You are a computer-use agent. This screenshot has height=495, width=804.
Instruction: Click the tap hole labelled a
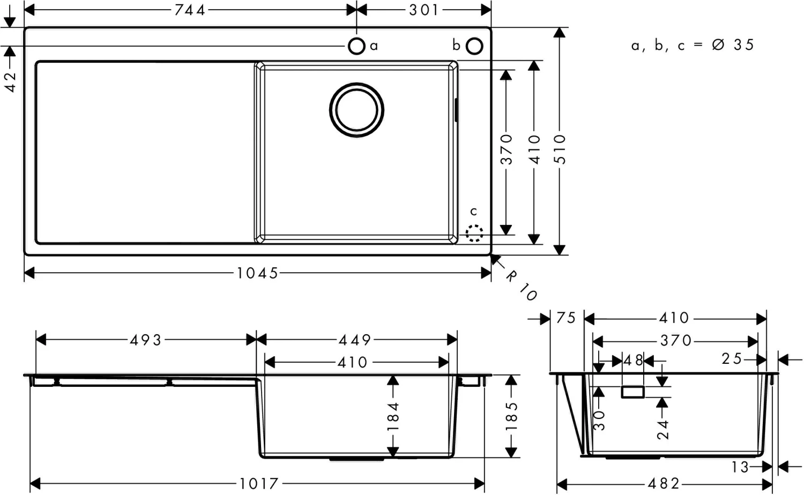pyautogui.click(x=356, y=46)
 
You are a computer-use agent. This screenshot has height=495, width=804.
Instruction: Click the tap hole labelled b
pyautogui.click(x=474, y=46)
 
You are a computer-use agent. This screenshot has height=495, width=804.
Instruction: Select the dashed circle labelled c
pyautogui.click(x=474, y=233)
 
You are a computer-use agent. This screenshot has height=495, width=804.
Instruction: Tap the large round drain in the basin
pyautogui.click(x=356, y=109)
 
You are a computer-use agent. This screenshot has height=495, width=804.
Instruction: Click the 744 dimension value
pyautogui.click(x=190, y=10)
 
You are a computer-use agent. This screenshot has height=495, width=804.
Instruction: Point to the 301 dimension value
pyautogui.click(x=424, y=10)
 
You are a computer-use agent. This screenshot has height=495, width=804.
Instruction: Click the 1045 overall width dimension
pyautogui.click(x=258, y=273)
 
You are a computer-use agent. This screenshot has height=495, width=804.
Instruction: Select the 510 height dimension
pyautogui.click(x=560, y=149)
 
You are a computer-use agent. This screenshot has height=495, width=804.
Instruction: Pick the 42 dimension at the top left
pyautogui.click(x=10, y=81)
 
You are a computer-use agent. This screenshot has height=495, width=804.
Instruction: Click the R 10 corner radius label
pyautogui.click(x=520, y=286)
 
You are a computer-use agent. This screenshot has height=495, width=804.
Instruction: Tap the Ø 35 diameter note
pyautogui.click(x=733, y=45)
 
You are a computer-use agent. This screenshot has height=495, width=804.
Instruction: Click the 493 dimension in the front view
pyautogui.click(x=146, y=340)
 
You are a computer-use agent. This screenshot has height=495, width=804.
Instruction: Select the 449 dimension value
pyautogui.click(x=355, y=340)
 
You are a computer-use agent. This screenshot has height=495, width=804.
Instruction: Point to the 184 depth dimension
pyautogui.click(x=393, y=416)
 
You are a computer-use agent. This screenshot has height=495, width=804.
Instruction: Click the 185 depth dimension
pyautogui.click(x=512, y=416)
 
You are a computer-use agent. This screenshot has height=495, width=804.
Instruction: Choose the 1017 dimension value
pyautogui.click(x=259, y=484)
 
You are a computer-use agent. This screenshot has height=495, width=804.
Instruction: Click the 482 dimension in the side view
pyautogui.click(x=664, y=484)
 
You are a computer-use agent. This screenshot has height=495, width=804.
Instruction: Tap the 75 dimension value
pyautogui.click(x=565, y=318)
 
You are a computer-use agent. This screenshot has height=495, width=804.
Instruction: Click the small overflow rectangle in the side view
pyautogui.click(x=632, y=392)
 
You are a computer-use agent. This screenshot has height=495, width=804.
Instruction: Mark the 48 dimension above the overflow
pyautogui.click(x=633, y=361)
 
